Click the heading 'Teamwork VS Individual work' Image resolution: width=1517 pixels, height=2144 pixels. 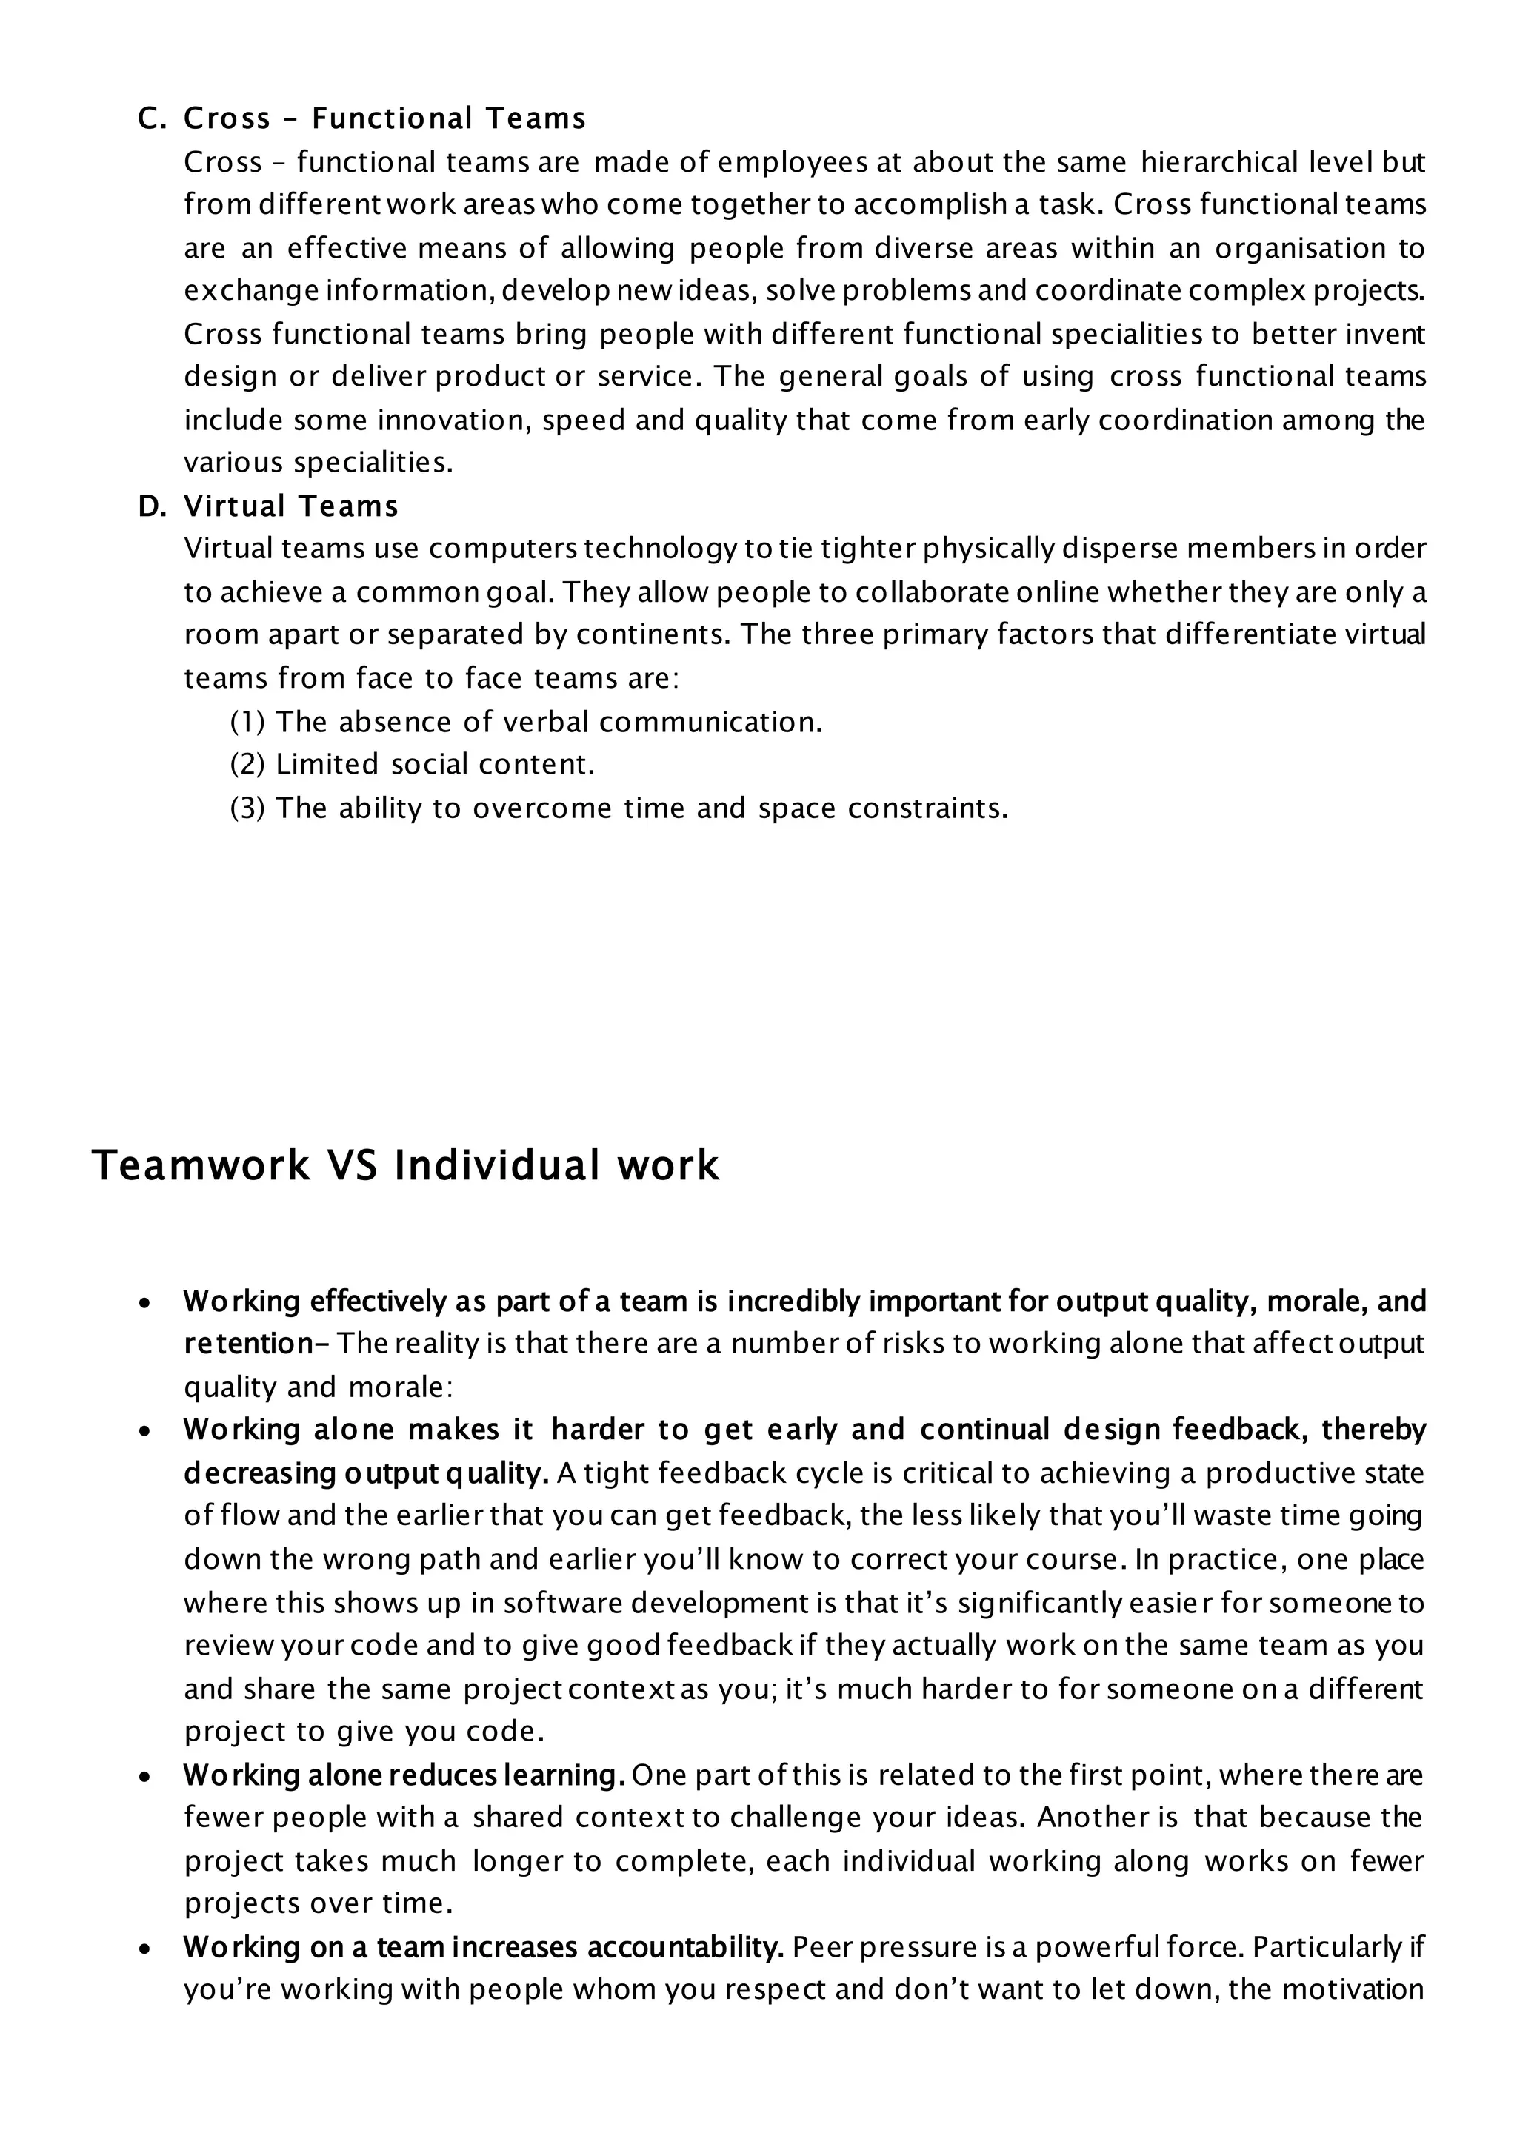click(x=404, y=1166)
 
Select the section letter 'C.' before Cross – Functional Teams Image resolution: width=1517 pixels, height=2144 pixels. click(x=151, y=119)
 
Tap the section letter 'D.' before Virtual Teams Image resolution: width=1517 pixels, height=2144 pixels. click(x=151, y=507)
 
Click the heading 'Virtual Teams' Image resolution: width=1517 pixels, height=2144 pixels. click(x=290, y=507)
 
